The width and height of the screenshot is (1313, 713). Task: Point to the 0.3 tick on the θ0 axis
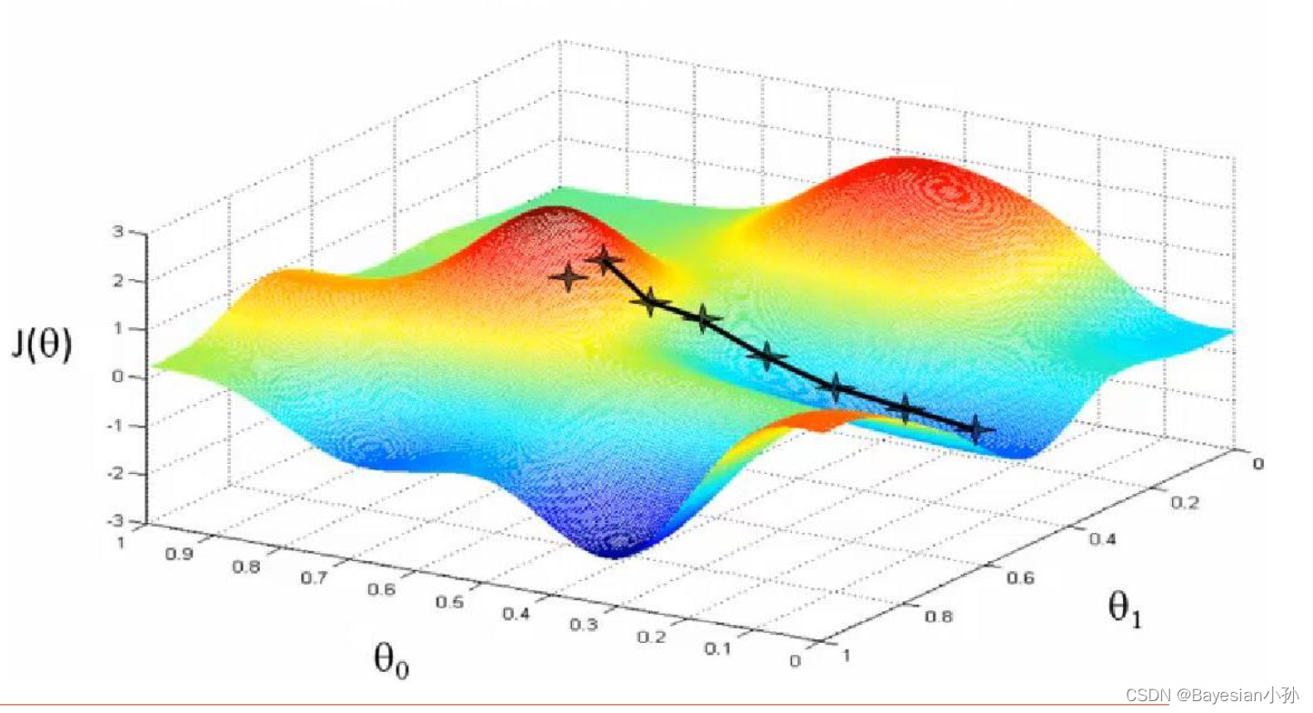point(586,625)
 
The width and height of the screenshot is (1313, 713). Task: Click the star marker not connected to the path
point(568,276)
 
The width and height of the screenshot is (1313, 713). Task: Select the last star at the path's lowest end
point(977,428)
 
